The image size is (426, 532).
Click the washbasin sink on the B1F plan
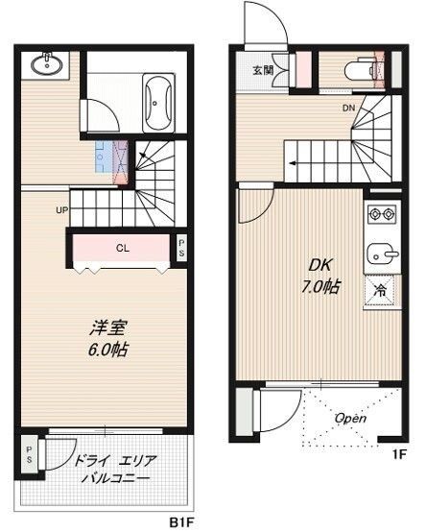(44, 65)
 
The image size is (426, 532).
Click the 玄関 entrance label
(263, 70)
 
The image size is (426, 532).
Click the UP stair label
(60, 209)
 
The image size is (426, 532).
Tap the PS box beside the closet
(181, 248)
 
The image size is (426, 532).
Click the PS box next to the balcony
(31, 453)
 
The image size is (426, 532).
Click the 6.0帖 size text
(102, 350)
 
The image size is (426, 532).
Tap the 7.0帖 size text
(317, 286)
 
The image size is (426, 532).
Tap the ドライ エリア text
(111, 461)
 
